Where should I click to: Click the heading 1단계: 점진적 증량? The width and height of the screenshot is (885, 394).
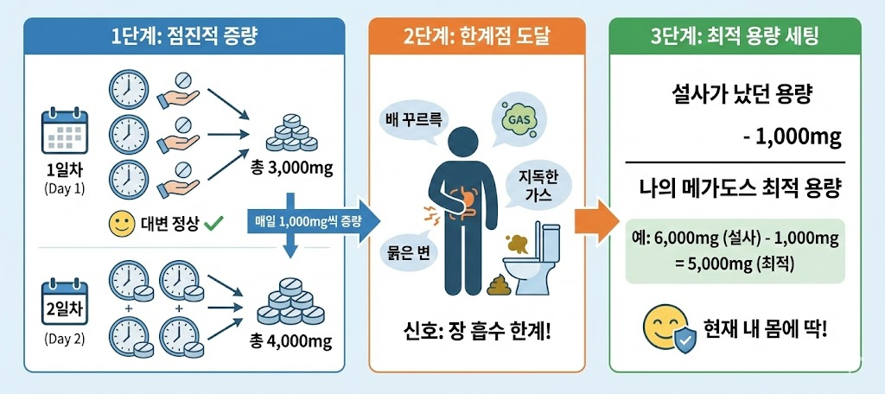click(x=185, y=37)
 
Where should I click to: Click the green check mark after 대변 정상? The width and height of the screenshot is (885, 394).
click(x=213, y=224)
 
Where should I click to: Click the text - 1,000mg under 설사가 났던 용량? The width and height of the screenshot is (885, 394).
click(x=792, y=137)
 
